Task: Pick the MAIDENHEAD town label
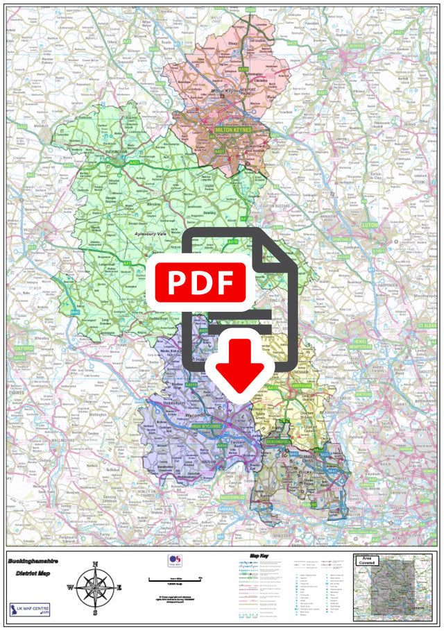(x=234, y=497)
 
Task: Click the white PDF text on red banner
(x=200, y=283)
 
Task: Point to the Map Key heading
(x=259, y=557)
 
